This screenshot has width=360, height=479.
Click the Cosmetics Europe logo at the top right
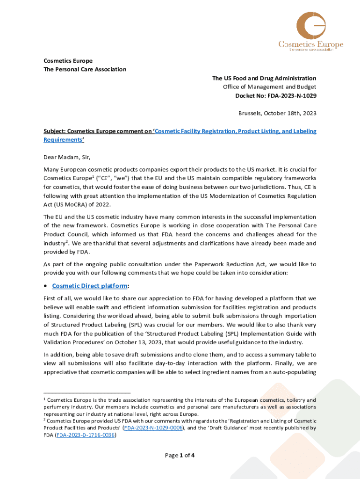(310, 31)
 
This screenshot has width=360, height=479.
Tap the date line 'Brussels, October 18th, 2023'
(277, 113)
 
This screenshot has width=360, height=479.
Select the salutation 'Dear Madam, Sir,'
(70, 157)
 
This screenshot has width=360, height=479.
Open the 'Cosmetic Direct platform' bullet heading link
(89, 286)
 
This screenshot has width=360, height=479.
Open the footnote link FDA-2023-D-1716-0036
(86, 435)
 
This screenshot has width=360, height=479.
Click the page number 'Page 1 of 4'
(180, 455)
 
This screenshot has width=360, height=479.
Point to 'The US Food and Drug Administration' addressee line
(264, 78)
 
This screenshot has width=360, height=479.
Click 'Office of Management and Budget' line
(269, 87)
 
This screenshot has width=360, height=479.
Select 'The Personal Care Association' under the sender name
(85, 69)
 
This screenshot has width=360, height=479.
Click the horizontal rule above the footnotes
(87, 393)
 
